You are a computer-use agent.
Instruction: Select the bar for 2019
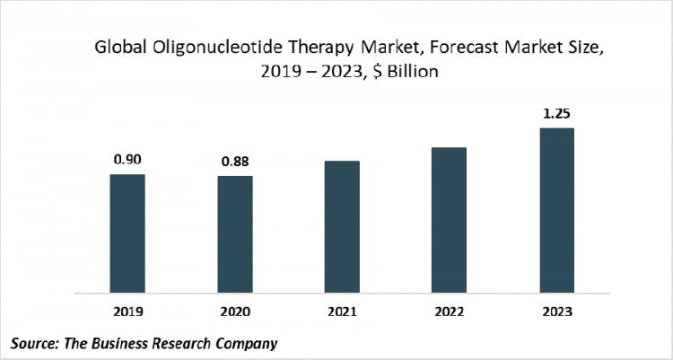[x=127, y=233]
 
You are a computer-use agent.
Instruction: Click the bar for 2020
[x=235, y=234]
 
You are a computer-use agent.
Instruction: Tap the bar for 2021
[x=342, y=227]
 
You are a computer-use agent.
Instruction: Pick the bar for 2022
[x=449, y=220]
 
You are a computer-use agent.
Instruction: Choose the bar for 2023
[x=556, y=210]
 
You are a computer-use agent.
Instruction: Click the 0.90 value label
[x=127, y=160]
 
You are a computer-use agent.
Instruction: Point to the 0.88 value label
[x=234, y=162]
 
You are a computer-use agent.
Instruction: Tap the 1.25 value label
[x=556, y=114]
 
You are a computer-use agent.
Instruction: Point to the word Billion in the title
[x=410, y=73]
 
